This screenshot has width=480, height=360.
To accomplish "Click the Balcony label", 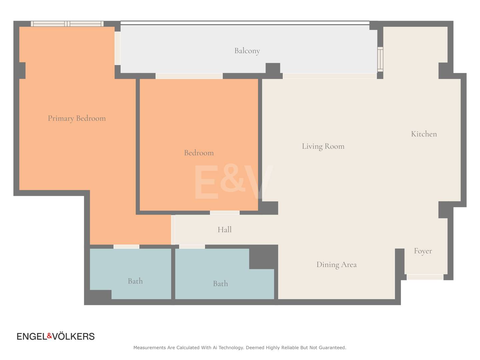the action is coord(247,51).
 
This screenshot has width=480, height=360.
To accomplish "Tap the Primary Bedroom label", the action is coord(77,118).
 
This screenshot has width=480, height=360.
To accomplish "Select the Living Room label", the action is coord(323,146).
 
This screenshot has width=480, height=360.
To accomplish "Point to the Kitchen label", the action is coord(424,134).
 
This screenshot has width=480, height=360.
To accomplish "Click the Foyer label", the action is coord(423,251).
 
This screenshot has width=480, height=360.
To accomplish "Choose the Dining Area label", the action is coord(337,265).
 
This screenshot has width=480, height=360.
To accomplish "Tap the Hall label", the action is coord(225,230).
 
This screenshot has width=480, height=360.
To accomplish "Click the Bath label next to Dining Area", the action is coord(220,283).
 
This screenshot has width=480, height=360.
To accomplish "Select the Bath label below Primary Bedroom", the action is coord(135,281).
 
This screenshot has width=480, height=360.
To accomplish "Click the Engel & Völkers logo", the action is coord(56,336).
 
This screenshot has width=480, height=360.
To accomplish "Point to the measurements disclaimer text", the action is coord(240,348).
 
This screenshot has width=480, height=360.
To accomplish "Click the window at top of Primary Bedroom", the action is coord(67,24).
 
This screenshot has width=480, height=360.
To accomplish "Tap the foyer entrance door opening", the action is coord(425,277).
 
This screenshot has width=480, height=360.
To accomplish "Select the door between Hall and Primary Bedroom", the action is coord(173,230).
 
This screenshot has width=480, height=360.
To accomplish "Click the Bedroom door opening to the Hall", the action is coord(225,213).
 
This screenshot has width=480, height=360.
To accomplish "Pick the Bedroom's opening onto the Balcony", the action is coord(189,76).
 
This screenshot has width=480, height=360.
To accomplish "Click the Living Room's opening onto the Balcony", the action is coord(330,76).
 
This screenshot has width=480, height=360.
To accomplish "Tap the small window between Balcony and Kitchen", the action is coord(380,59).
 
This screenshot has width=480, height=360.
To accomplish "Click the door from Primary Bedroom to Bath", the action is coord(126,247).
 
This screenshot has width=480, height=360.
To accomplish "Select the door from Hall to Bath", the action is coord(192,247).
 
